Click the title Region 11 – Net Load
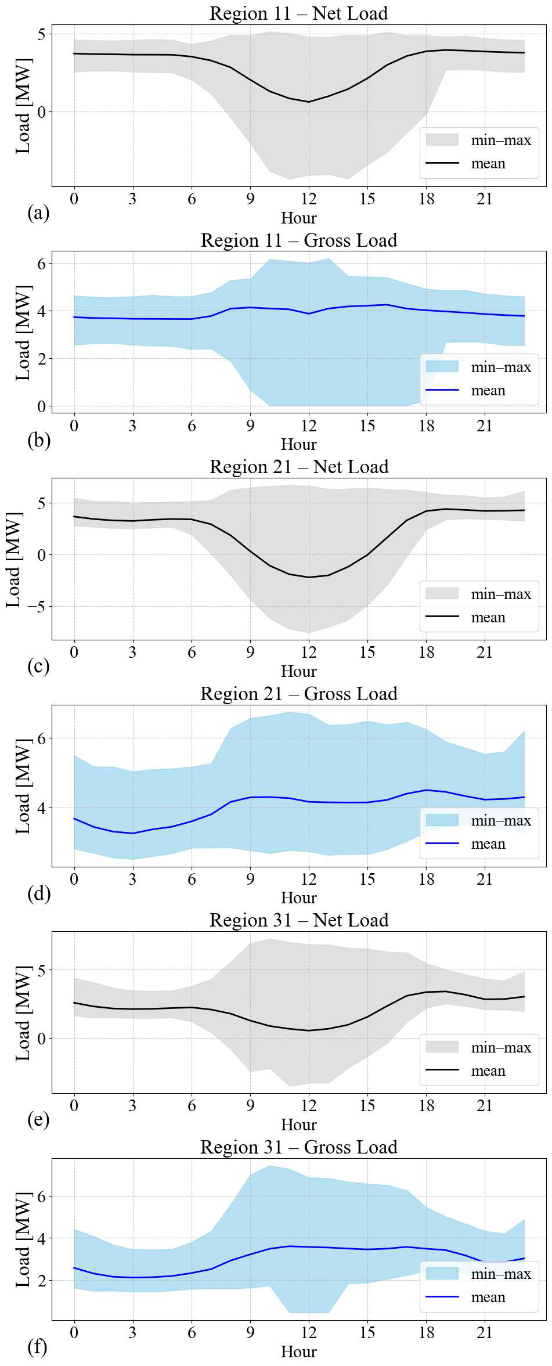(x=298, y=13)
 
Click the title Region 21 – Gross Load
(x=298, y=694)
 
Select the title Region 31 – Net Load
(x=298, y=920)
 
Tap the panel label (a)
(x=38, y=213)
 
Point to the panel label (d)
(x=39, y=893)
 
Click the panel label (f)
(x=38, y=1346)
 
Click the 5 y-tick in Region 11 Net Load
(x=41, y=34)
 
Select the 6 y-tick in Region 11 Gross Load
(x=41, y=264)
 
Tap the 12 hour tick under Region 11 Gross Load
(x=309, y=426)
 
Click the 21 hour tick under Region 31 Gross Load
(x=485, y=1332)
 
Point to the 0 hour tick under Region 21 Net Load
(x=74, y=652)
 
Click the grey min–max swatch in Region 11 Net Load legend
(x=442, y=140)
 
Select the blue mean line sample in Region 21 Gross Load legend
(x=442, y=844)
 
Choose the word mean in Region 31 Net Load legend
(x=488, y=1071)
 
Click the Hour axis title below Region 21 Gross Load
(x=298, y=898)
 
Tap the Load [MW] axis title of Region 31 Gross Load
(x=23, y=1239)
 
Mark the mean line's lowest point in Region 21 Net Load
(x=309, y=577)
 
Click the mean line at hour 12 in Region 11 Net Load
(x=309, y=102)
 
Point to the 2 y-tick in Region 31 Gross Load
(x=41, y=1280)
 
